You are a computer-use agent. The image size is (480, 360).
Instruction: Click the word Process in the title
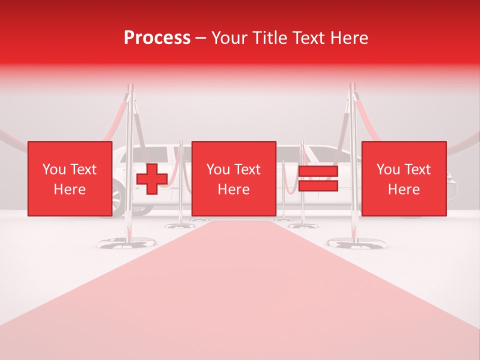point(157,38)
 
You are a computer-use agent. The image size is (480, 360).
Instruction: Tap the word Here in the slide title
point(348,38)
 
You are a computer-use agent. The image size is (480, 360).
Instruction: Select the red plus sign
point(152,179)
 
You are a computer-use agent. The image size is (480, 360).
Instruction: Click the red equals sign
point(318,179)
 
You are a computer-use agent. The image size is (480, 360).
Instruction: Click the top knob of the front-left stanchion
point(131,87)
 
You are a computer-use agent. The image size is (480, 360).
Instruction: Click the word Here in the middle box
point(233,189)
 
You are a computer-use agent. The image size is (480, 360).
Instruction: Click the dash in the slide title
point(201,38)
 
